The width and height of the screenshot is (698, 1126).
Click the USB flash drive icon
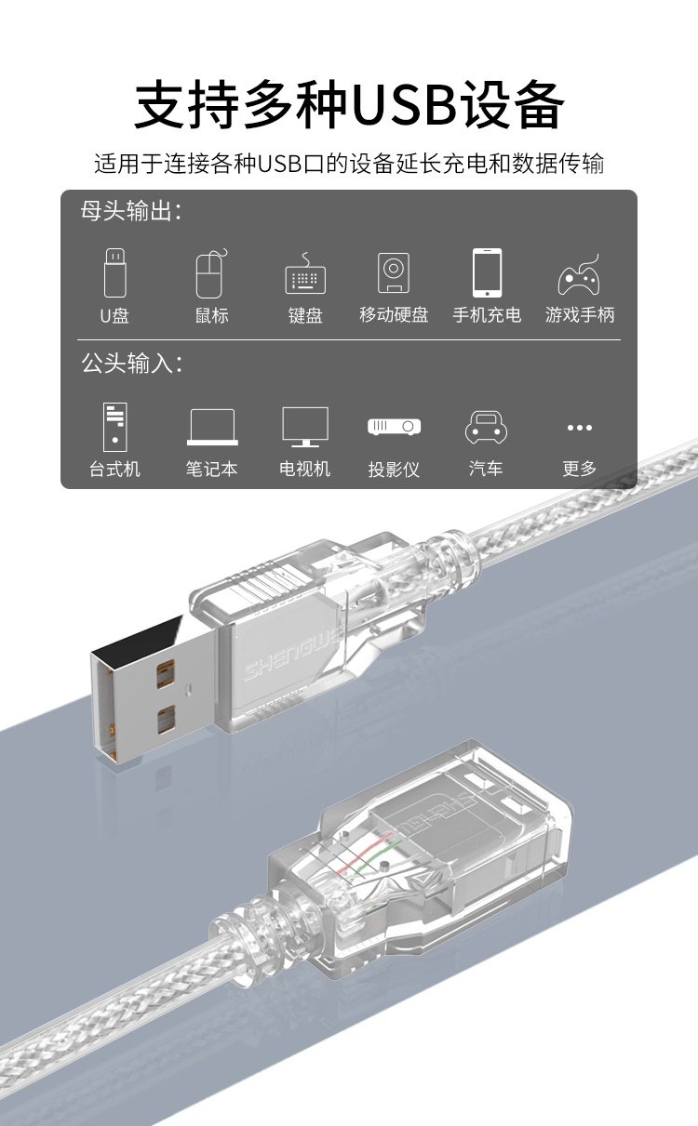click(x=114, y=272)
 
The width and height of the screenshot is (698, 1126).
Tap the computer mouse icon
click(x=211, y=274)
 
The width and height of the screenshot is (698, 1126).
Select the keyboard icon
click(x=305, y=273)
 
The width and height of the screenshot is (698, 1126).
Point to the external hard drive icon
click(x=394, y=272)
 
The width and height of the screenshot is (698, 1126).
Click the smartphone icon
click(x=487, y=272)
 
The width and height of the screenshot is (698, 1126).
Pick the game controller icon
click(x=579, y=274)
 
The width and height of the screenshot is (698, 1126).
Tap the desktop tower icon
click(x=114, y=427)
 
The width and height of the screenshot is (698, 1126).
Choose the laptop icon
click(x=212, y=427)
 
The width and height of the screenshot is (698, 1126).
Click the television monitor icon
click(x=305, y=427)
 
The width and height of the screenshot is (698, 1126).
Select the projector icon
click(x=394, y=427)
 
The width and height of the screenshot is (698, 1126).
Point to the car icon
click(x=486, y=428)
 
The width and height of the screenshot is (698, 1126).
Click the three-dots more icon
click(x=579, y=428)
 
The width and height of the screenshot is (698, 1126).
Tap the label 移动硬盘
click(x=394, y=315)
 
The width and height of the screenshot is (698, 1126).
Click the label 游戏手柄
click(x=580, y=315)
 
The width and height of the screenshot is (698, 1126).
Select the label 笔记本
click(x=212, y=469)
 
